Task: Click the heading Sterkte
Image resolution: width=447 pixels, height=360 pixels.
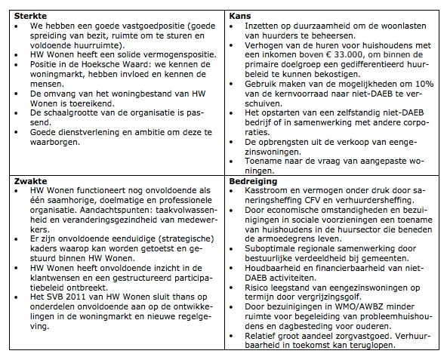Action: [25, 15]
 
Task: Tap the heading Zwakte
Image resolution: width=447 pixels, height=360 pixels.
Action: [25, 181]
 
